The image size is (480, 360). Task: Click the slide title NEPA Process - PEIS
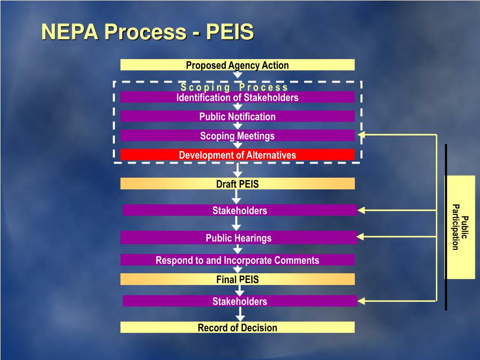click(148, 32)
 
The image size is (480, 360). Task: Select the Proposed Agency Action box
click(237, 65)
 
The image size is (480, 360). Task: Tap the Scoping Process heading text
click(234, 87)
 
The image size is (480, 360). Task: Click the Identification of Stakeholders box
click(237, 97)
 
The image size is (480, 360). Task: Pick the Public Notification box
click(237, 117)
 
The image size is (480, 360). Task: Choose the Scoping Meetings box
click(237, 136)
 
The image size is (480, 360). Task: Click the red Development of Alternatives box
click(237, 155)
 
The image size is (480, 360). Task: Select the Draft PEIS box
click(237, 184)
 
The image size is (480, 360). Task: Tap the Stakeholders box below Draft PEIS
click(240, 210)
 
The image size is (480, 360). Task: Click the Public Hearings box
click(238, 238)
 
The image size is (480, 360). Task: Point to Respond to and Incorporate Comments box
click(237, 260)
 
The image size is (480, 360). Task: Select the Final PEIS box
click(237, 280)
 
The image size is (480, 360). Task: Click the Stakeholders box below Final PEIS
click(240, 301)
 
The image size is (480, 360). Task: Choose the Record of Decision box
click(237, 328)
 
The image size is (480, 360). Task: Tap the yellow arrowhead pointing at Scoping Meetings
click(361, 135)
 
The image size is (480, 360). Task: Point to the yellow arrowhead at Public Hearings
click(361, 237)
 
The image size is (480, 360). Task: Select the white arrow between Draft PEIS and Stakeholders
click(237, 196)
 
